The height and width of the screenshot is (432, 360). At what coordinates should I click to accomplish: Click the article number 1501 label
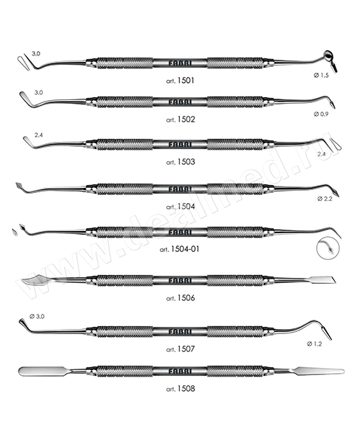pyautogui.click(x=180, y=81)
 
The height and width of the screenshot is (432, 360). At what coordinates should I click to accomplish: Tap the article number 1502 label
pyautogui.click(x=180, y=120)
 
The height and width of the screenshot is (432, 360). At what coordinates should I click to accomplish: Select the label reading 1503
pyautogui.click(x=180, y=162)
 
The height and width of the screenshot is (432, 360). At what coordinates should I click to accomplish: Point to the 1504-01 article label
pyautogui.click(x=179, y=249)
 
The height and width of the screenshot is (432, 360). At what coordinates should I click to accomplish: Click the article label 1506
pyautogui.click(x=180, y=298)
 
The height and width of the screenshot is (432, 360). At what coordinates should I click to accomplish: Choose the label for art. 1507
pyautogui.click(x=180, y=349)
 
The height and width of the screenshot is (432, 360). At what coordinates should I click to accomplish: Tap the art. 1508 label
pyautogui.click(x=180, y=389)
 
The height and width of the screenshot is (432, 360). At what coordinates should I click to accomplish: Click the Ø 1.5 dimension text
pyautogui.click(x=321, y=75)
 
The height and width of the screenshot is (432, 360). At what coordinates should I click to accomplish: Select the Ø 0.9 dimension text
pyautogui.click(x=321, y=114)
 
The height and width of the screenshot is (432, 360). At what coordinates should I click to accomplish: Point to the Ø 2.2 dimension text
pyautogui.click(x=325, y=199)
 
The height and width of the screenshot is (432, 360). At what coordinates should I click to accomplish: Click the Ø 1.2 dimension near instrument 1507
pyautogui.click(x=314, y=343)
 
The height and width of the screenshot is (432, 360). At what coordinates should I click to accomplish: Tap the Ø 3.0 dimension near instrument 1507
pyautogui.click(x=37, y=317)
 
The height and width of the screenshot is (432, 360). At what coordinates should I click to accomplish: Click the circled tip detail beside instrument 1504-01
pyautogui.click(x=328, y=248)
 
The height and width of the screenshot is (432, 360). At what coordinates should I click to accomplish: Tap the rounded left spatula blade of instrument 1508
pyautogui.click(x=42, y=371)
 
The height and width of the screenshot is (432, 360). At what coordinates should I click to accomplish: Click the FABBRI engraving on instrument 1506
pyautogui.click(x=180, y=281)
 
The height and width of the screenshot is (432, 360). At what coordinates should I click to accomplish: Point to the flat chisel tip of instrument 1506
pyautogui.click(x=323, y=280)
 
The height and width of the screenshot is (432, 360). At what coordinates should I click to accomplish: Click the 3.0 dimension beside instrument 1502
pyautogui.click(x=39, y=93)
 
